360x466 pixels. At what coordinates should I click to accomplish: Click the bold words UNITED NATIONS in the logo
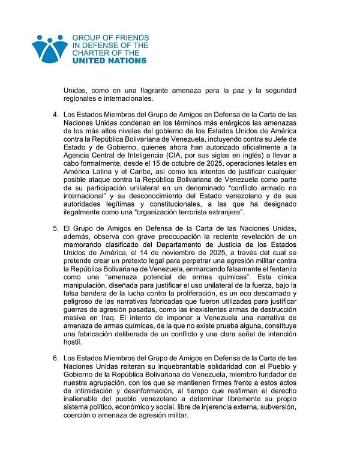tap(109, 61)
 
